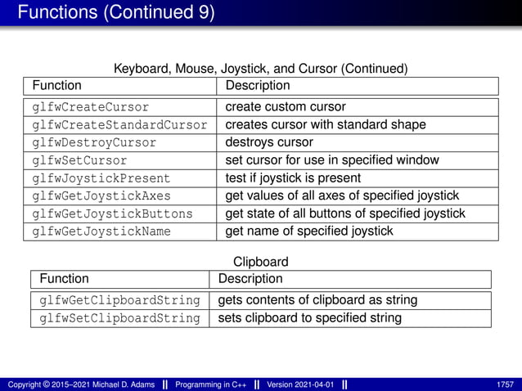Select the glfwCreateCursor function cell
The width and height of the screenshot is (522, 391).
point(90,107)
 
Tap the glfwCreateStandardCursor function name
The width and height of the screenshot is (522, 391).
point(119,124)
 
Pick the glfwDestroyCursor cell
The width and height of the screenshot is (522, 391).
point(93,142)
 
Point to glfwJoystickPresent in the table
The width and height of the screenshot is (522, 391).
point(101,178)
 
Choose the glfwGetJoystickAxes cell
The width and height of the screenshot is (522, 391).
point(101,195)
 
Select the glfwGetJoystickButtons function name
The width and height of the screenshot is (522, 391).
point(112,213)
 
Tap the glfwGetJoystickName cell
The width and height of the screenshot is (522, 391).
point(101,231)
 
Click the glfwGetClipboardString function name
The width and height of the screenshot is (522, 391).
point(119,300)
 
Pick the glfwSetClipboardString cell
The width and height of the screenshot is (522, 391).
point(119,318)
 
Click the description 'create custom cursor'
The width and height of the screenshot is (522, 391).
point(286,107)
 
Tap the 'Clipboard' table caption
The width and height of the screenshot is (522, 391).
point(260,263)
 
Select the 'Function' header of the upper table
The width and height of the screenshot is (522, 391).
point(56,85)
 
